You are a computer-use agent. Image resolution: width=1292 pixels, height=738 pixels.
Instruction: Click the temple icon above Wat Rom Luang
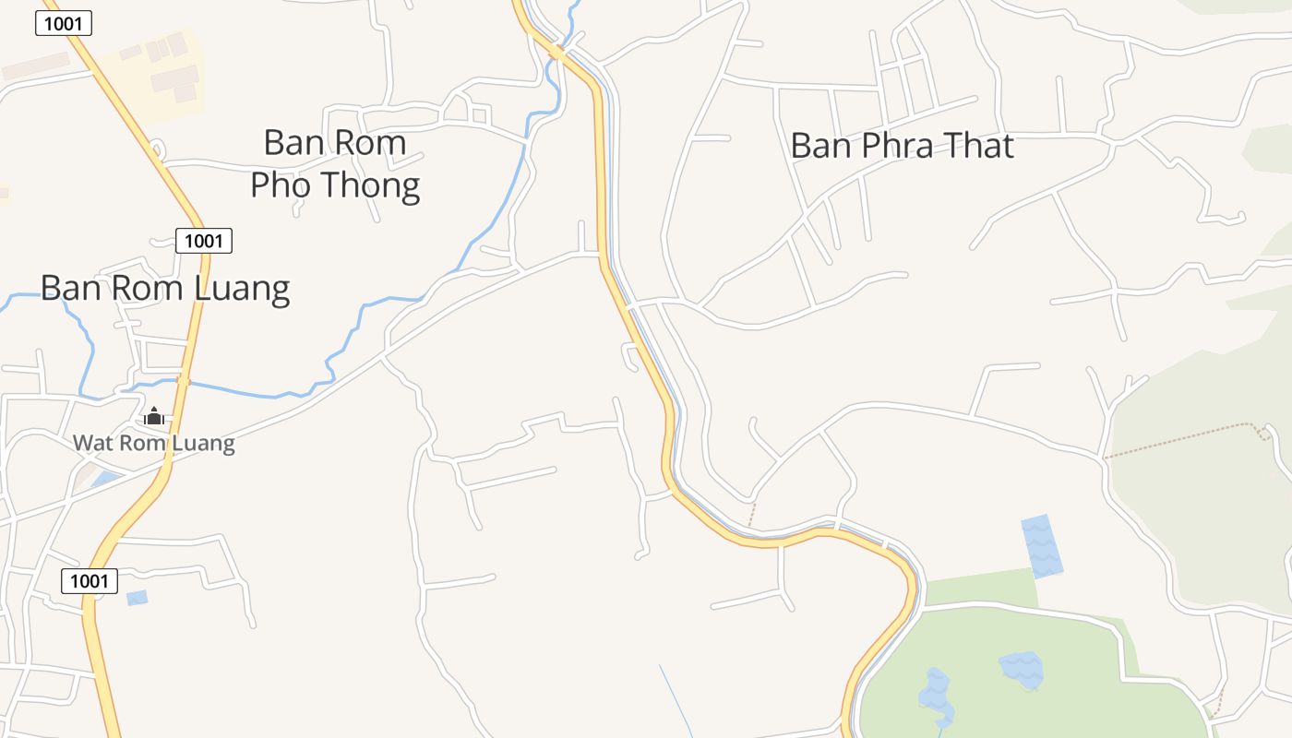coord(154,417)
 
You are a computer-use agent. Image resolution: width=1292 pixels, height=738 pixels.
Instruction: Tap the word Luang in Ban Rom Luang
coord(243,289)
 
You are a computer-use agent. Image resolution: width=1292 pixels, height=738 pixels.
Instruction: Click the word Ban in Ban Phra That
coord(820,146)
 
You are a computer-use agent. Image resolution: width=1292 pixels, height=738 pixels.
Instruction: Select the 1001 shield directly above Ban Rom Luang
coord(204,241)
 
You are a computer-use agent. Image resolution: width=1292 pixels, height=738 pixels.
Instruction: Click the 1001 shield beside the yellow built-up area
coord(64,23)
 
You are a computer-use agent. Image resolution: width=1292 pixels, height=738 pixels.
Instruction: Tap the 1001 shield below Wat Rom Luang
coord(90,581)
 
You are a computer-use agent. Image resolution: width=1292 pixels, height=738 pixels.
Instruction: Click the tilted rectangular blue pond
coord(1042,546)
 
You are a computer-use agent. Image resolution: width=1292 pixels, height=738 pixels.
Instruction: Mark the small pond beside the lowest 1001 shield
coord(137,598)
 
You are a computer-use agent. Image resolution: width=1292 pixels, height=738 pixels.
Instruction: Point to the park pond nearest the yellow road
coord(936,697)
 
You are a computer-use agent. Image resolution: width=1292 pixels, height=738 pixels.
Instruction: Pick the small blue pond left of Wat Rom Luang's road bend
coord(104,478)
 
